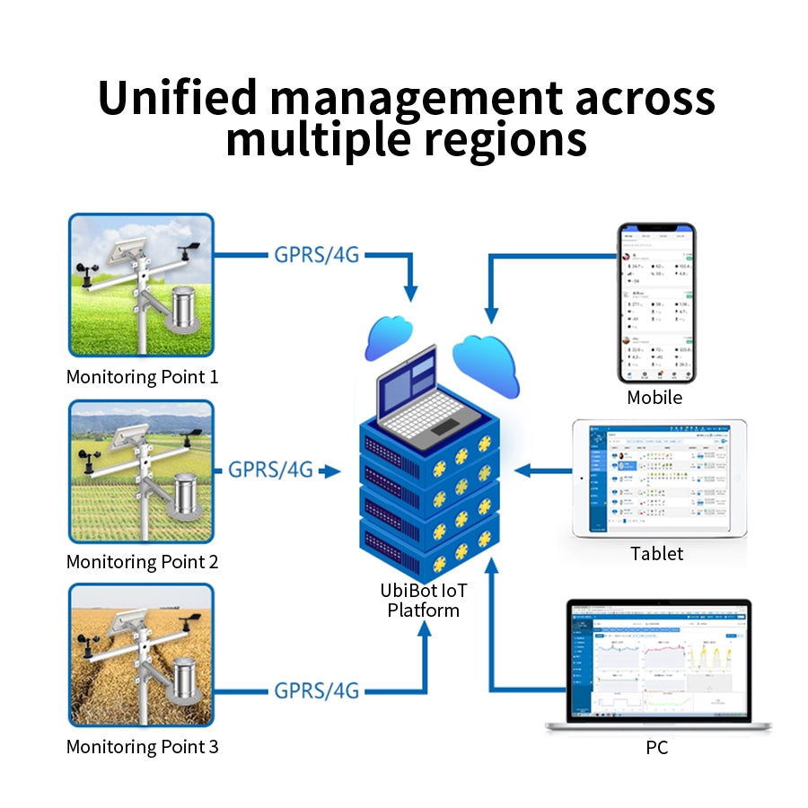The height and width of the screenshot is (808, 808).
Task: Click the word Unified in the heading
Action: pyautogui.click(x=178, y=98)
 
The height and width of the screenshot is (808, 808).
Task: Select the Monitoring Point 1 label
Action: pyautogui.click(x=142, y=376)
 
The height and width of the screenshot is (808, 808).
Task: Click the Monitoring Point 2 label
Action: pyautogui.click(x=142, y=562)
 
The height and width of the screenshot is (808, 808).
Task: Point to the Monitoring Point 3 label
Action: pyautogui.click(x=142, y=746)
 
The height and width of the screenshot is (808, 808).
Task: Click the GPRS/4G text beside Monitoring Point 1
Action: pyautogui.click(x=317, y=254)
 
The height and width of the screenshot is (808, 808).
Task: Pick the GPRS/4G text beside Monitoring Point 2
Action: pyautogui.click(x=270, y=470)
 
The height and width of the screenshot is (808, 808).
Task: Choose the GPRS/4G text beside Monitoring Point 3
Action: pyautogui.click(x=317, y=690)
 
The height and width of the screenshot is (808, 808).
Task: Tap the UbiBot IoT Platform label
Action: pyautogui.click(x=424, y=601)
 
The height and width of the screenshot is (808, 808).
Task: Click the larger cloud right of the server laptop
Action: pyautogui.click(x=486, y=364)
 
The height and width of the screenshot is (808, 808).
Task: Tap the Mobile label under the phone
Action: pyautogui.click(x=654, y=398)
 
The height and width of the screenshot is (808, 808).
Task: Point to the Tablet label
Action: pyautogui.click(x=656, y=554)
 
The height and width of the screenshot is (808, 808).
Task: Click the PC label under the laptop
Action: pyautogui.click(x=656, y=747)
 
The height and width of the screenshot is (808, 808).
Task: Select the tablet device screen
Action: pyautogui.click(x=659, y=479)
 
